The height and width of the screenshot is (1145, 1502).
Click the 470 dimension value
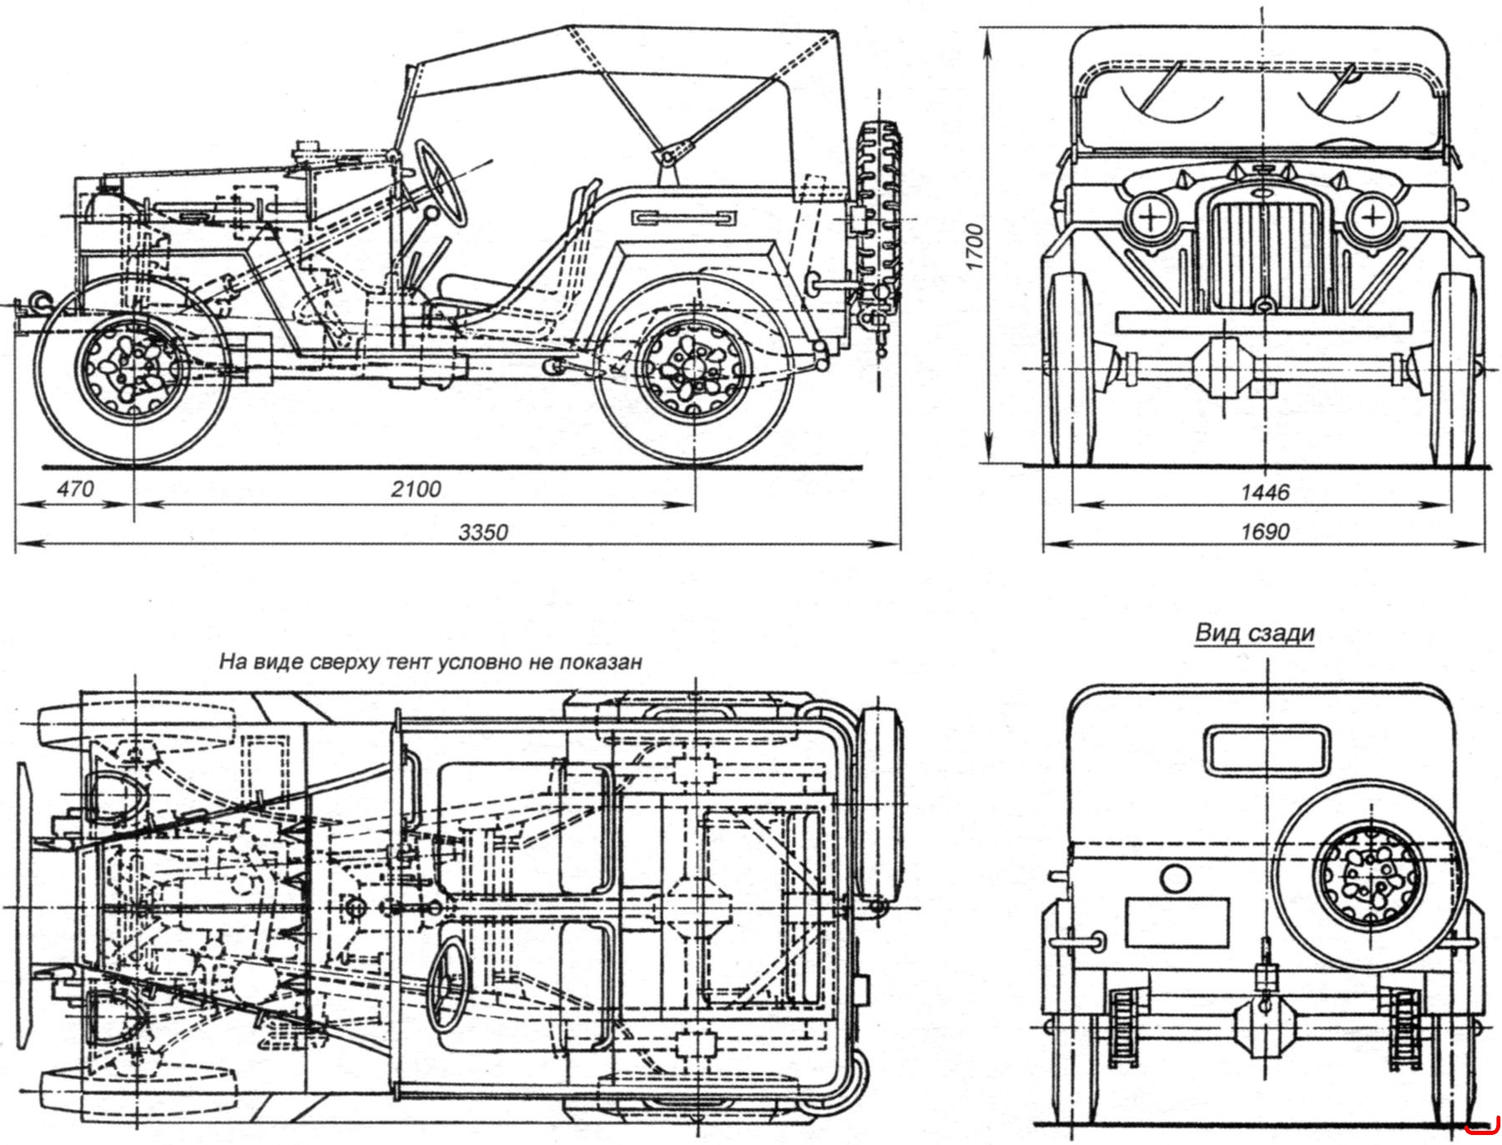tap(75, 489)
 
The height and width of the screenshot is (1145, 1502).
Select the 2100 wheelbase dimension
tap(416, 489)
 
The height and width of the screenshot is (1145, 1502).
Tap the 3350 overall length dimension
tap(484, 532)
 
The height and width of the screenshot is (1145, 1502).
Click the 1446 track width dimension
tap(1265, 492)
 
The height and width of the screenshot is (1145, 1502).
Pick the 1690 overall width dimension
tap(1265, 532)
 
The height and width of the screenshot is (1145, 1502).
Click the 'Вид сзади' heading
tap(1254, 633)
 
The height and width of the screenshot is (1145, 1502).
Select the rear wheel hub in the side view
tap(690, 368)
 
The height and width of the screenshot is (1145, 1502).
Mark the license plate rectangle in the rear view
tap(1177, 922)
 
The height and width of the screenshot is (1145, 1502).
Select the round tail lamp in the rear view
tap(1176, 880)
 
